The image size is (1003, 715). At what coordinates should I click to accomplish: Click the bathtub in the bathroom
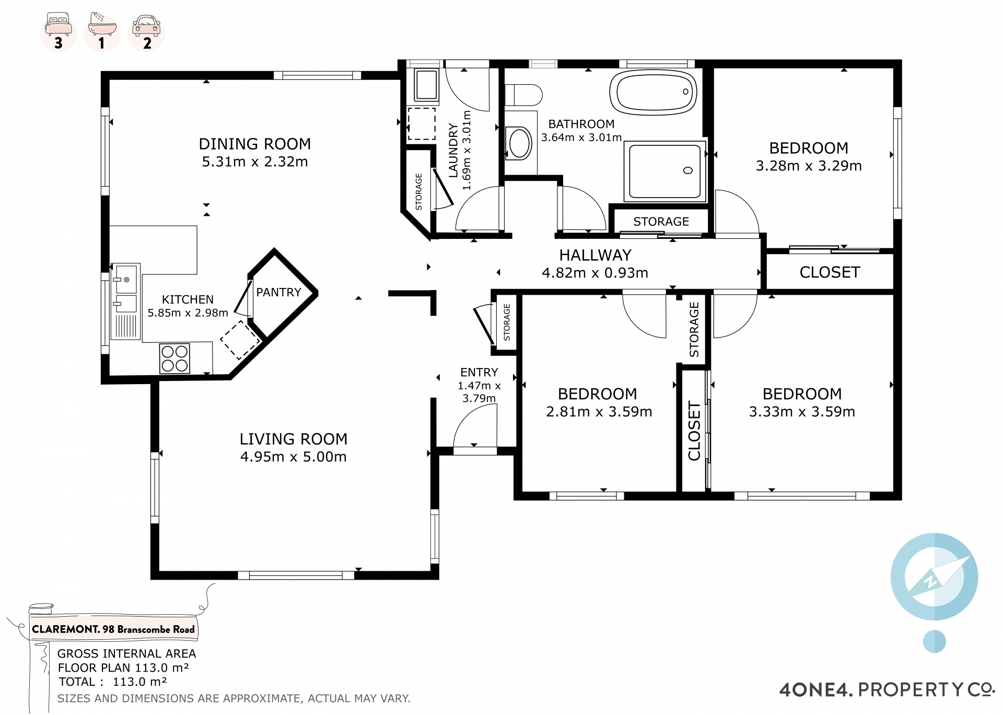click(x=653, y=93)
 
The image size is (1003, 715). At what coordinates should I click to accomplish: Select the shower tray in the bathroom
click(x=665, y=171)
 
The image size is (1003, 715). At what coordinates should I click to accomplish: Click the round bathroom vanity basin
click(x=520, y=143)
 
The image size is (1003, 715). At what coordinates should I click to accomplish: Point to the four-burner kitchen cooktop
click(x=174, y=359)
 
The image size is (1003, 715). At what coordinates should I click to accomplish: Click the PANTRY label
click(x=278, y=292)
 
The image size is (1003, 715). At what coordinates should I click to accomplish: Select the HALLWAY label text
click(x=595, y=255)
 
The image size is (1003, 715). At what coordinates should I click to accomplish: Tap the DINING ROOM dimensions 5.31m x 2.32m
click(x=255, y=162)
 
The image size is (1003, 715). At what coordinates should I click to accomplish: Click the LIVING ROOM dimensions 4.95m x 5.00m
click(x=293, y=457)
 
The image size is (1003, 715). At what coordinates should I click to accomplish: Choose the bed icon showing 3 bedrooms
click(x=59, y=31)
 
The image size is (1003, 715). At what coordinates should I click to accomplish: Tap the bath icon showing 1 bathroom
click(x=102, y=31)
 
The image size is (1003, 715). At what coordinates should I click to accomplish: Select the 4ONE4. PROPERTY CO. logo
click(x=887, y=690)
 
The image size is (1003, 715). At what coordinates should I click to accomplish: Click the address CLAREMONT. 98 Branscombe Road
click(x=113, y=629)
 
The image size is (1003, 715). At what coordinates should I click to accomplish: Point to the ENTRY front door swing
click(x=475, y=426)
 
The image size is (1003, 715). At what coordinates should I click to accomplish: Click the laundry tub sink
click(x=426, y=85)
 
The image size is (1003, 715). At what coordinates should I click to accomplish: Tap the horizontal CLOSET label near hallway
click(x=830, y=272)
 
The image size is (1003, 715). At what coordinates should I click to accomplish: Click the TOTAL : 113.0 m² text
click(x=113, y=682)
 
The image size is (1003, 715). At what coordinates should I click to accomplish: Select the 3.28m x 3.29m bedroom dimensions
click(x=809, y=166)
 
